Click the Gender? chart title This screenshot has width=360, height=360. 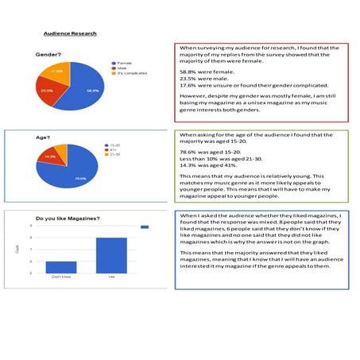[x=49, y=54]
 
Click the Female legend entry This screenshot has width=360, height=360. [x=123, y=63]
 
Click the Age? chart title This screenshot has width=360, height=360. [x=43, y=137]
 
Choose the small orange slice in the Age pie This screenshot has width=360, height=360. [x=60, y=145]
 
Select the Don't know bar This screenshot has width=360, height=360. [x=61, y=267]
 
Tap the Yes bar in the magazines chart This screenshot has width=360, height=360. [x=110, y=255]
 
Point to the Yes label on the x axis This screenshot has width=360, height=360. [x=110, y=277]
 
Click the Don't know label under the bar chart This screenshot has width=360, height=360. [x=61, y=277]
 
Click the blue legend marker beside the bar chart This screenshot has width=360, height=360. [x=145, y=227]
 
